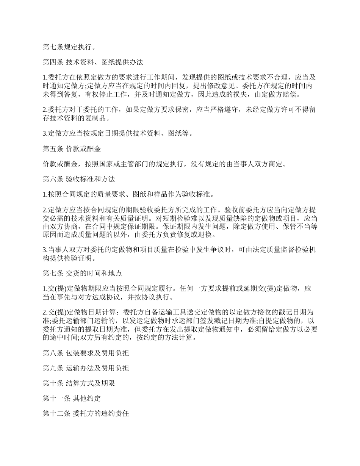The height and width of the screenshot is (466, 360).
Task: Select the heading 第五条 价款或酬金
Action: click(72, 149)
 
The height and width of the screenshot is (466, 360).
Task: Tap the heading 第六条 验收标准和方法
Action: click(79, 178)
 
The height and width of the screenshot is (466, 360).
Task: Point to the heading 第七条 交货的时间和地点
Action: click(82, 273)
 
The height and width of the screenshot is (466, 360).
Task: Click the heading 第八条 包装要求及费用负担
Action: click(86, 353)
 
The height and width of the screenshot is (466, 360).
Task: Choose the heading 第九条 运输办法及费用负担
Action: click(86, 368)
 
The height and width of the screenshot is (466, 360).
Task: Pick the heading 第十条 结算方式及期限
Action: click(79, 383)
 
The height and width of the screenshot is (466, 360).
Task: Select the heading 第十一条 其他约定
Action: click(72, 399)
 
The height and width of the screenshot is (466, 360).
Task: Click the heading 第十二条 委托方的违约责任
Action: click(86, 414)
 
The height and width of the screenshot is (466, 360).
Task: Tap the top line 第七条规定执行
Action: click(68, 47)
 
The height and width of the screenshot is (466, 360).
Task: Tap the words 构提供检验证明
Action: click(68, 259)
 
